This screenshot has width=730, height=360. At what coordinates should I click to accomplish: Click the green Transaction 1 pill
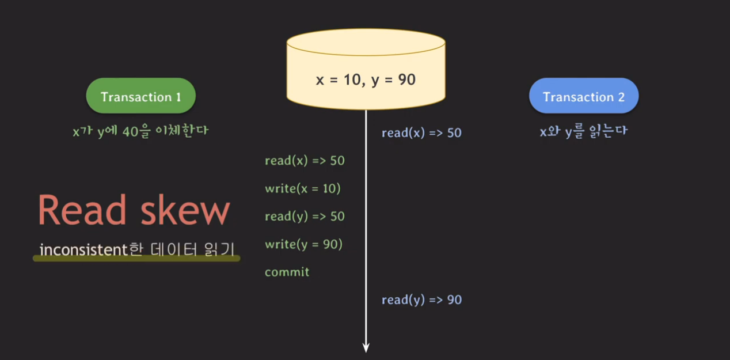[x=141, y=96]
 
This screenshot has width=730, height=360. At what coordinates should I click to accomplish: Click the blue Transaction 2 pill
[x=583, y=96]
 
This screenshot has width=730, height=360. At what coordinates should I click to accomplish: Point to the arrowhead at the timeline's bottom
[x=366, y=347]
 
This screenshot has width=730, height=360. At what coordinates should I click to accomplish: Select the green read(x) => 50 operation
[x=305, y=161]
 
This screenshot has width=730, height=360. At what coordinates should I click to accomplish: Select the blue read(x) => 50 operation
[x=421, y=133]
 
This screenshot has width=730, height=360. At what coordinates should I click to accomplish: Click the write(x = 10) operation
[x=303, y=188]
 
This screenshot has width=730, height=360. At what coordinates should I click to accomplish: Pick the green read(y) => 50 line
[x=305, y=217]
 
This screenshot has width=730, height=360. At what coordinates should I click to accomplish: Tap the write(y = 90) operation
[x=303, y=244]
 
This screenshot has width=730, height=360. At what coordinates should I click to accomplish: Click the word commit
[x=287, y=272]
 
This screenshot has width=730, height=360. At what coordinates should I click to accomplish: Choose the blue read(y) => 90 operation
[x=421, y=300]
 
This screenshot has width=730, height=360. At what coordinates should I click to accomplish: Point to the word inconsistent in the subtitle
[x=82, y=250]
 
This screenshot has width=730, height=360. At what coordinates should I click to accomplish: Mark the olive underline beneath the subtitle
[x=136, y=259]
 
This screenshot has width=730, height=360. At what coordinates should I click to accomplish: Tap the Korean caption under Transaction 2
[x=583, y=131]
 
